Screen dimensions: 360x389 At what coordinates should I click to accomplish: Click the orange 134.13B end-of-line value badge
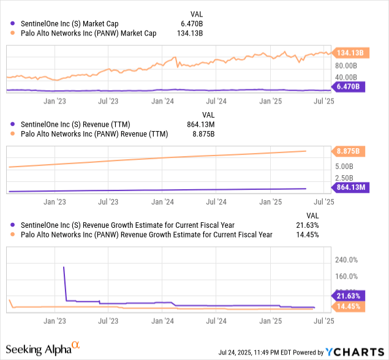coord(350,53)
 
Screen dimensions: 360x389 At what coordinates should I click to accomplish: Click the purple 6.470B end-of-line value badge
coord(347,87)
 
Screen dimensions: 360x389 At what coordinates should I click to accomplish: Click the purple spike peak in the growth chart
coord(64,267)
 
